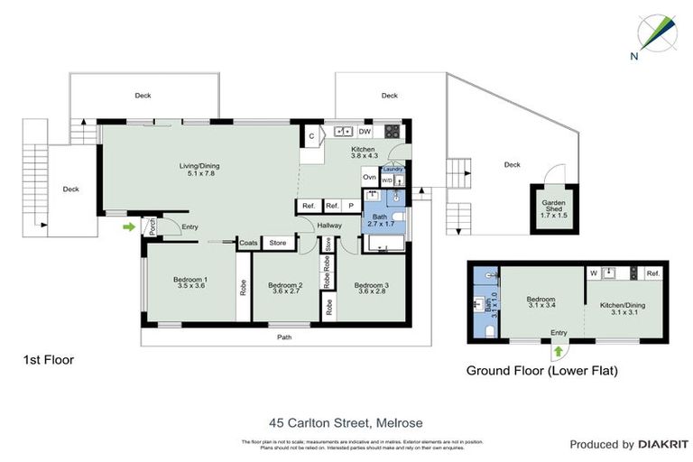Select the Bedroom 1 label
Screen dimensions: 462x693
[189, 284]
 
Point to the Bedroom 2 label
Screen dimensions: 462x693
[285, 290]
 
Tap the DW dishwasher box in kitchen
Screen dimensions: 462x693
[364, 132]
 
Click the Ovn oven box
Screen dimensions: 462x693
[369, 177]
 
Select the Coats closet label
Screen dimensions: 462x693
[248, 242]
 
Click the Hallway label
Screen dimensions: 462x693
[328, 226]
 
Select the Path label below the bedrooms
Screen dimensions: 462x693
[284, 337]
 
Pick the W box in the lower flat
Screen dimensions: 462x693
[594, 273]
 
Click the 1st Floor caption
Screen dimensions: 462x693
[48, 360]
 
